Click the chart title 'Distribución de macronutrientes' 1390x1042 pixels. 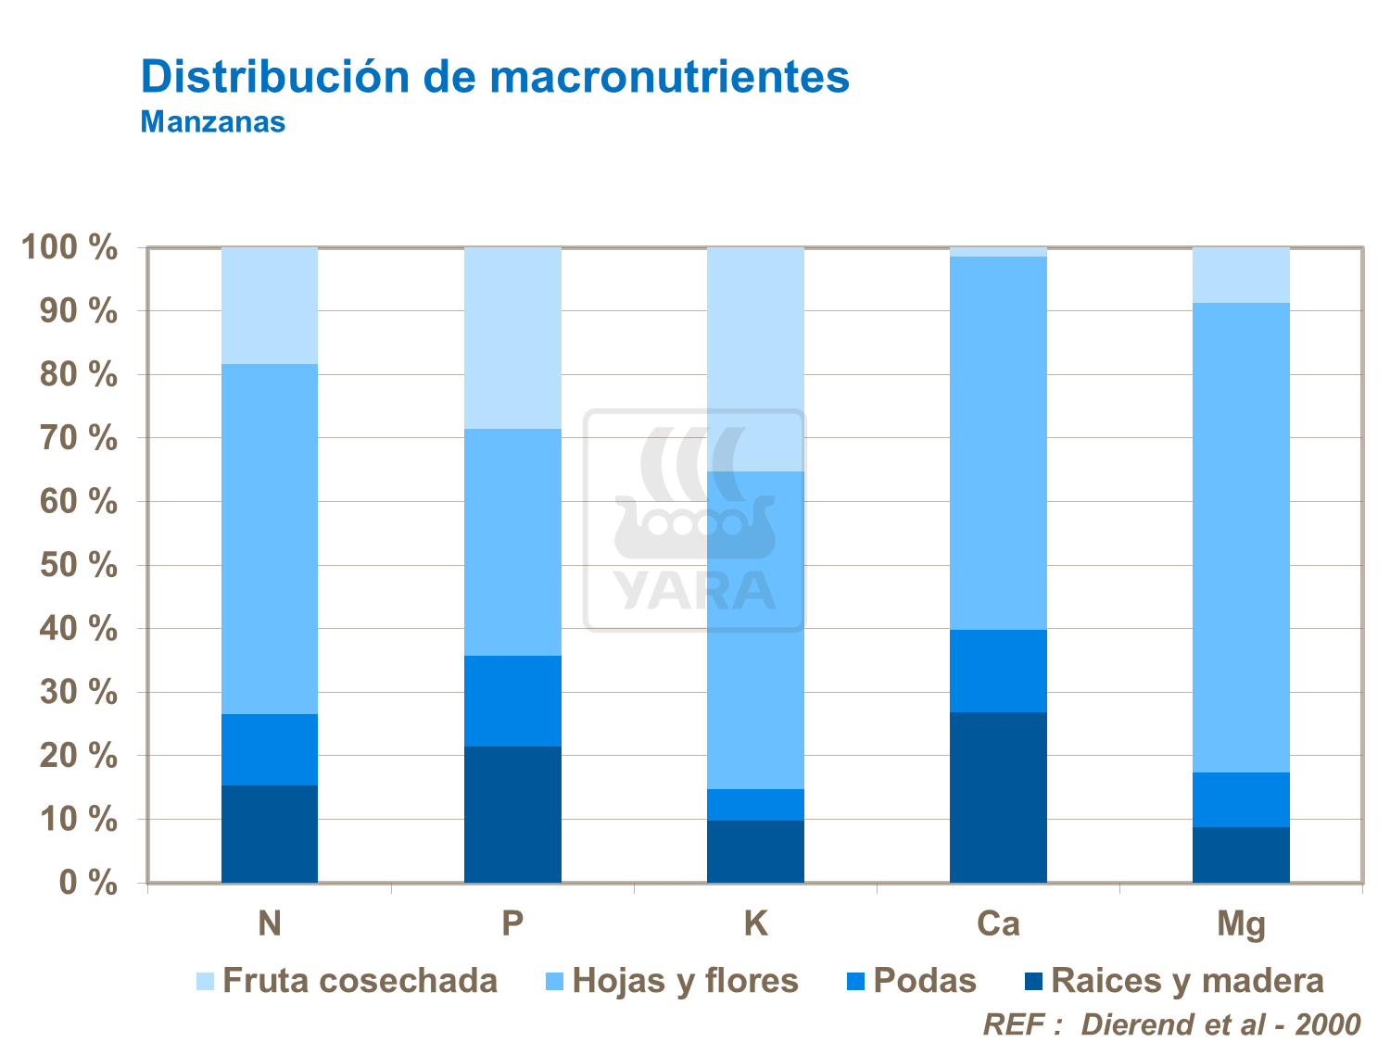495,77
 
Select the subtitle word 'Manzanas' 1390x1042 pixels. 212,122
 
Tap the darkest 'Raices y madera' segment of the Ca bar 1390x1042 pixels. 998,797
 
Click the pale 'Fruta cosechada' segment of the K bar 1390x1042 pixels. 755,359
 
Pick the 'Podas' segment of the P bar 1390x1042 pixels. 512,701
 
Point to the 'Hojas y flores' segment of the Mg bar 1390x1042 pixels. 1241,537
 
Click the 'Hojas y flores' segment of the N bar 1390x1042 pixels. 270,539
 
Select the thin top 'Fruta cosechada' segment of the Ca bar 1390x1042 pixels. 998,252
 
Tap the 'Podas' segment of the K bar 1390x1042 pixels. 755,805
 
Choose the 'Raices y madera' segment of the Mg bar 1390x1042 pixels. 1241,854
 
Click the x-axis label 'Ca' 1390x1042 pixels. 998,923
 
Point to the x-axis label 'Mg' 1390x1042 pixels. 1241,924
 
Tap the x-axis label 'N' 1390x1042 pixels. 270,923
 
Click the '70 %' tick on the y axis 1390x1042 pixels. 79,438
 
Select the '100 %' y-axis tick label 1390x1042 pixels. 70,248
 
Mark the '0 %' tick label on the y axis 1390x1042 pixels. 88,883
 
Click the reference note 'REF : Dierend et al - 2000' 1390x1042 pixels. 1171,1024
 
